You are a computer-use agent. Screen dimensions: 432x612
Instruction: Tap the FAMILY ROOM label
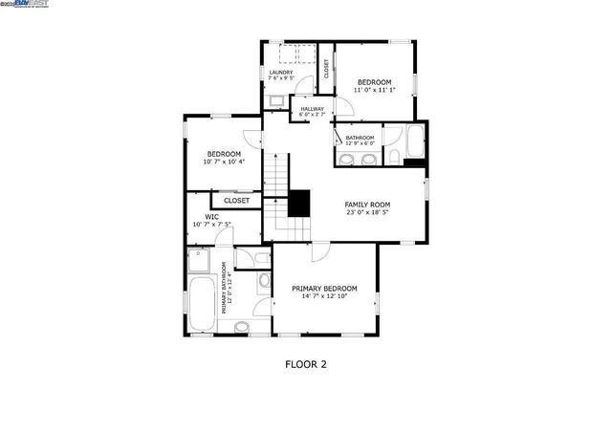[x=367, y=205]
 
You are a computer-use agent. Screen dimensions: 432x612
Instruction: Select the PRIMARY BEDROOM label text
[x=324, y=289]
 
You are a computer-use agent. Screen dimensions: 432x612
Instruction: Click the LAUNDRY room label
[x=281, y=73]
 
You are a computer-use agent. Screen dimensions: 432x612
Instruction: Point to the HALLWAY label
[x=313, y=109]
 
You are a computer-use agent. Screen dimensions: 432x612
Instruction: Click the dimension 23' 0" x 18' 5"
[x=367, y=213]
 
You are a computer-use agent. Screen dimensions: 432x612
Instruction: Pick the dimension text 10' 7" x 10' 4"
[x=224, y=162]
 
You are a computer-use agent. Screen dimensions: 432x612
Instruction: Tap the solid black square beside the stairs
[x=299, y=203]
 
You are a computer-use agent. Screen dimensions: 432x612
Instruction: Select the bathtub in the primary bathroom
[x=203, y=304]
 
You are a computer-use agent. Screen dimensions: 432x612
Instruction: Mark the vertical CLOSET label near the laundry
[x=326, y=68]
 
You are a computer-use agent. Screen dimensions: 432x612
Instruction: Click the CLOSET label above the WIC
[x=236, y=201]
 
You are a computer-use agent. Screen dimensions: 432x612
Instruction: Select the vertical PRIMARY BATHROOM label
[x=227, y=288]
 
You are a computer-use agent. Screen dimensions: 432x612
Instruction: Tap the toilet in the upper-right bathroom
[x=392, y=153]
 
